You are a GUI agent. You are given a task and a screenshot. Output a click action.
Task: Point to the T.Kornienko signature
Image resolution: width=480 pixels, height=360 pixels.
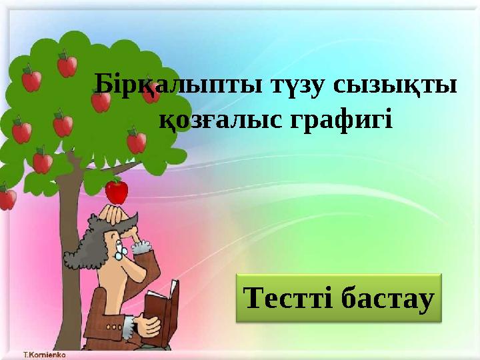[45, 353]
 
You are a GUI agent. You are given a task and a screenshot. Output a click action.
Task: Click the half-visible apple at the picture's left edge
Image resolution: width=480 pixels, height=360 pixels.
[6, 199]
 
